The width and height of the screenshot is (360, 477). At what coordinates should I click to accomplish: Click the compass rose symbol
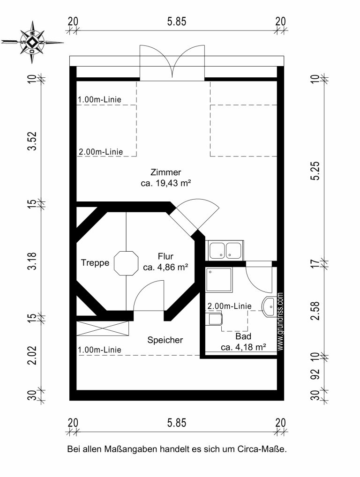32,42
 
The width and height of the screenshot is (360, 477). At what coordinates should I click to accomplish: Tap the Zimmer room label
165,172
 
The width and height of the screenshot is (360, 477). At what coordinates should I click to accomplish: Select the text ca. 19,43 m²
166,183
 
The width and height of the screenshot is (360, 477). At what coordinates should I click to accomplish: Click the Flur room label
165,256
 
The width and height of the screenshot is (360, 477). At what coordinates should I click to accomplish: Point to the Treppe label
95,262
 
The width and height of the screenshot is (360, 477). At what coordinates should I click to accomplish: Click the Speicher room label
165,340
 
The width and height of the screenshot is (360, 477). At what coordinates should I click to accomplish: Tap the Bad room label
243,336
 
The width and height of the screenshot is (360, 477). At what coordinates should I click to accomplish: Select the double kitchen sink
225,250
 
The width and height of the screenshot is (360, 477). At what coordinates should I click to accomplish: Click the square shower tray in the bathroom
219,280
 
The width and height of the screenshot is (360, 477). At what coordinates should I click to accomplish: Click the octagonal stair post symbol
126,263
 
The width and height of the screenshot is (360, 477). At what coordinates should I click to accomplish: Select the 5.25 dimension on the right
316,171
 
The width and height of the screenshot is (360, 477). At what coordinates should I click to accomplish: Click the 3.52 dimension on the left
32,141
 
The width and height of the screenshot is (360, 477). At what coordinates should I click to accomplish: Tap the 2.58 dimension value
316,310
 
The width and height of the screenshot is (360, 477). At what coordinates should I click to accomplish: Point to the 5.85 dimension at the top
177,22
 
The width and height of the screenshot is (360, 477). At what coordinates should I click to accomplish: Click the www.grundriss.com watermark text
280,321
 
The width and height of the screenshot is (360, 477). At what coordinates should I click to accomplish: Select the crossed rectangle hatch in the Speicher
103,328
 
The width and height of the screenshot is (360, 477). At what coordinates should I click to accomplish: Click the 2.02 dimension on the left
32,355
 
